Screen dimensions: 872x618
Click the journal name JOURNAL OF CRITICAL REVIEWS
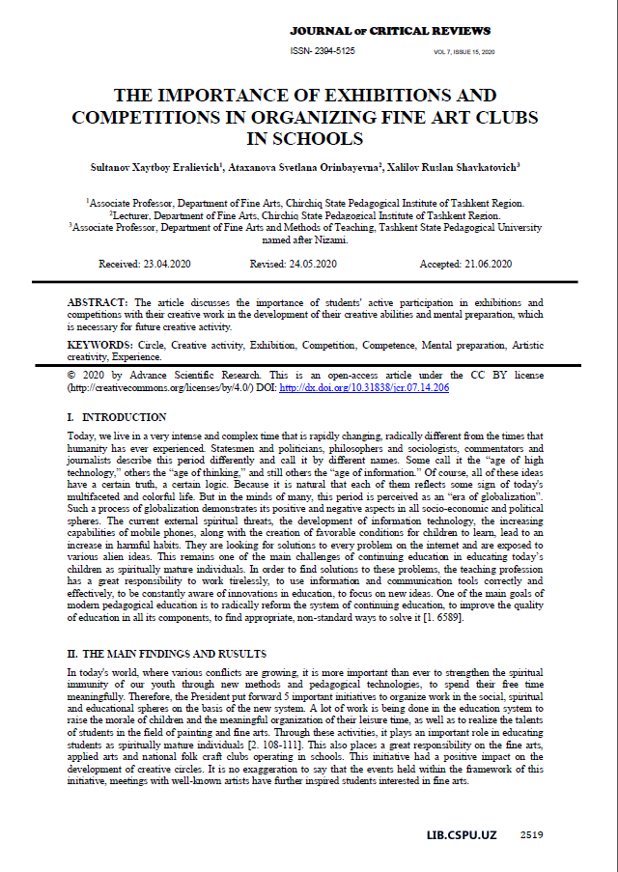coord(390,32)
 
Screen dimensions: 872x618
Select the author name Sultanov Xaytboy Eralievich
coord(160,167)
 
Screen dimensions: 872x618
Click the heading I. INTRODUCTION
coord(117,417)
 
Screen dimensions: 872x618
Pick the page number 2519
coord(531,833)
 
